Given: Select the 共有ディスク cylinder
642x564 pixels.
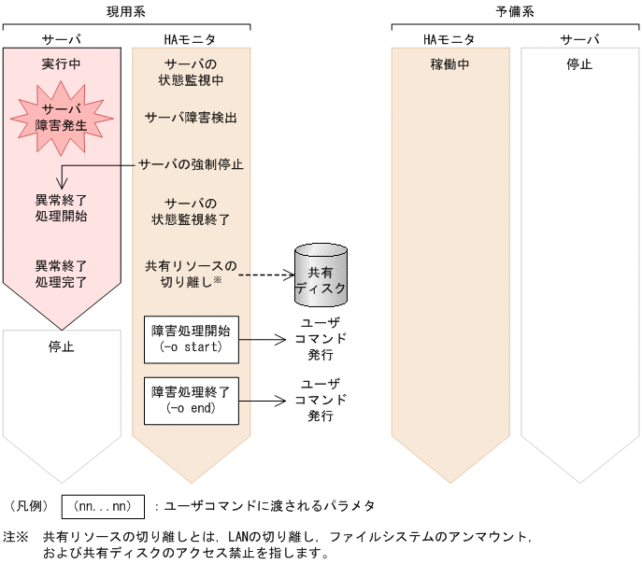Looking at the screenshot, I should tap(320, 273).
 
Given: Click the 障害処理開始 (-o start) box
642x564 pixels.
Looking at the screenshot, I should tap(191, 338).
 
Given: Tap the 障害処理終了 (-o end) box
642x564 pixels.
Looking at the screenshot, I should tap(191, 400).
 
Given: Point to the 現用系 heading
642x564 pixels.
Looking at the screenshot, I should tap(126, 12).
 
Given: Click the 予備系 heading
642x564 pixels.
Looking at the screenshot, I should tap(515, 12).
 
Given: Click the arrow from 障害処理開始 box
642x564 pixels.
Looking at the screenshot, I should tap(261, 340).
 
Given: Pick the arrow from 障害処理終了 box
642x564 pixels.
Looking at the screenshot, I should tap(261, 401).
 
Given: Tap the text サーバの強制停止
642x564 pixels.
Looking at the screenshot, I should tap(192, 164).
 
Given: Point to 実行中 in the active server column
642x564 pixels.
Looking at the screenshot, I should tap(62, 64).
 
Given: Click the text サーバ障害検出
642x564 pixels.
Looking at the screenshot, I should tap(192, 119).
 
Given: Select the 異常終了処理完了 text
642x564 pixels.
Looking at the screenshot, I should tap(62, 274).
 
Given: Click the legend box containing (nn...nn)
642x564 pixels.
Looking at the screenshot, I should tap(103, 506).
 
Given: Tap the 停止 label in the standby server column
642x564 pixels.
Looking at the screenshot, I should tap(579, 64).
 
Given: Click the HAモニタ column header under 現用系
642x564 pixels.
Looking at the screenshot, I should tap(191, 39).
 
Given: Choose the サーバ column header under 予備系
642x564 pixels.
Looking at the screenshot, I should tap(579, 39).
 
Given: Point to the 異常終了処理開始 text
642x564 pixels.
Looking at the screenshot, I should tap(62, 208).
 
